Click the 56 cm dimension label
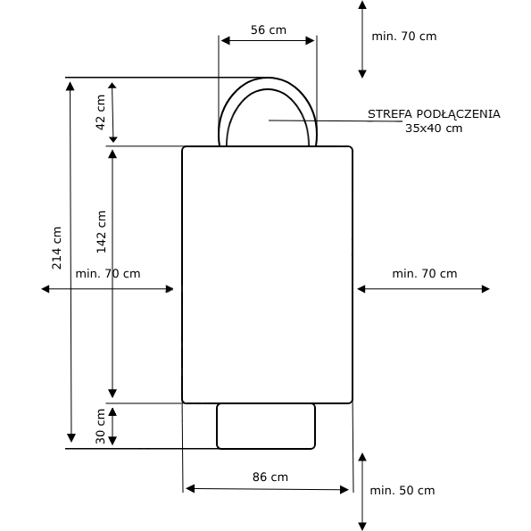pos(269,30)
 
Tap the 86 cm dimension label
pos(270,477)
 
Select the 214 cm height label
pos(56,248)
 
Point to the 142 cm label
pos(101,232)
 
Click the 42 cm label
pos(101,112)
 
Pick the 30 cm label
pos(101,427)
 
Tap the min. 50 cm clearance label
pos(402,490)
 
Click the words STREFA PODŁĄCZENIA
pos(434,114)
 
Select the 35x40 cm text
pos(434,129)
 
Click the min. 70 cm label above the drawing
pos(404,37)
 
